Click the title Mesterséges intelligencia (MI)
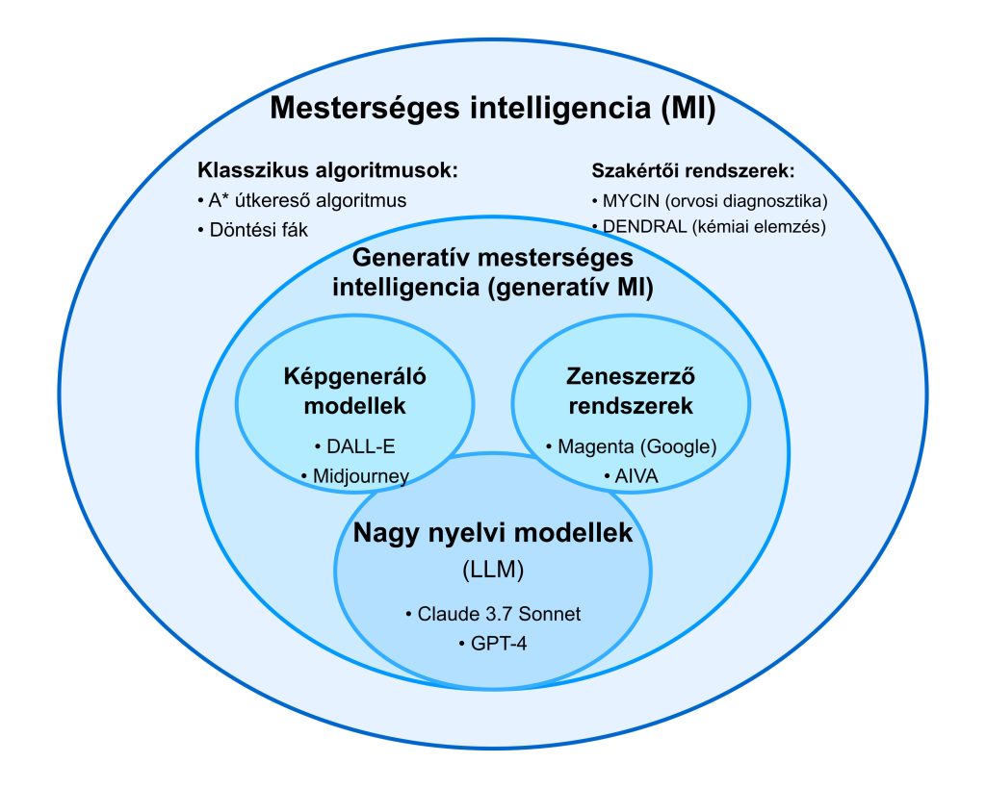(x=492, y=107)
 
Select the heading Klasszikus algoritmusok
(x=327, y=171)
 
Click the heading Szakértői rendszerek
(x=692, y=172)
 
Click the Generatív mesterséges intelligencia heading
(x=492, y=272)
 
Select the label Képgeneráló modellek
(x=354, y=391)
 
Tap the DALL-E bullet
(x=354, y=447)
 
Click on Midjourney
(x=360, y=475)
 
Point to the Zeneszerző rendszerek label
(x=631, y=391)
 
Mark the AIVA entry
(x=631, y=475)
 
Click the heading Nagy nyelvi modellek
(x=492, y=532)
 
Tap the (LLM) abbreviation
(x=492, y=571)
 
